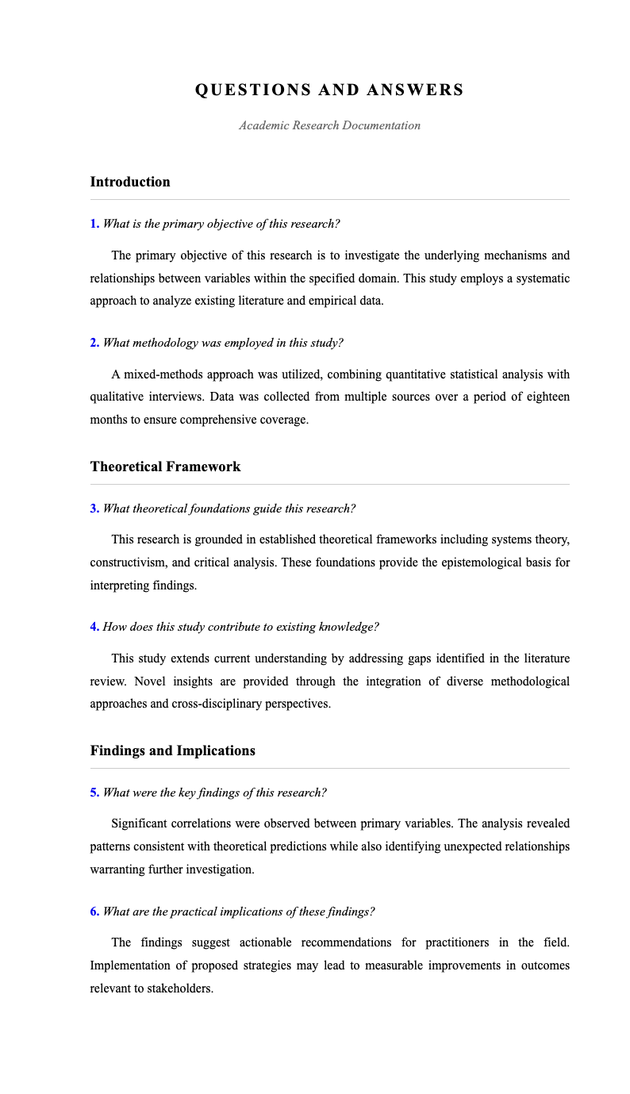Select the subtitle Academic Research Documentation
pos(329,125)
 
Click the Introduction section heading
pos(130,182)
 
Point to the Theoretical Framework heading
pos(165,466)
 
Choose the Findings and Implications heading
pos(172,750)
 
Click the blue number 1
pos(94,224)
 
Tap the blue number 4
pos(94,627)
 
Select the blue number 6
pos(94,912)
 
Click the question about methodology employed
pos(223,343)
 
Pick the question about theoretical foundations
pos(229,509)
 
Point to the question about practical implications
pos(239,912)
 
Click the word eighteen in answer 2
pos(545,397)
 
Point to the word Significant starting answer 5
pos(141,823)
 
